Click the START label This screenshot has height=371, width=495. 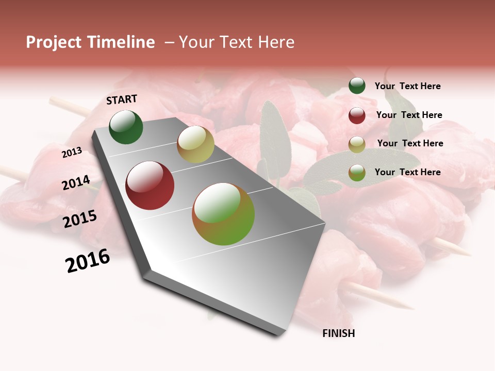tap(122, 99)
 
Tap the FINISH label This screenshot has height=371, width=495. tap(338, 333)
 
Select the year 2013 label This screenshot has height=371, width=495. tap(72, 153)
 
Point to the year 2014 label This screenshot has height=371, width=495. tap(76, 182)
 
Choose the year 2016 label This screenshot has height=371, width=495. tap(88, 261)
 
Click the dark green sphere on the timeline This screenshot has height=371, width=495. tap(126, 127)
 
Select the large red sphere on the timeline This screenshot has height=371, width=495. tap(150, 185)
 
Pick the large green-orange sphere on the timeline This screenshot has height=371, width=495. tap(223, 214)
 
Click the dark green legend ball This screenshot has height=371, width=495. tap(357, 86)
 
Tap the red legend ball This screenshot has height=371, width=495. tap(357, 115)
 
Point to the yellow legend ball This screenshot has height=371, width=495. tap(357, 144)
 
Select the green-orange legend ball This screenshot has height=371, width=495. tap(357, 173)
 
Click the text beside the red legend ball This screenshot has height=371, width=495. tap(409, 115)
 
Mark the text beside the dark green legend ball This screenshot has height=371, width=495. tap(407, 86)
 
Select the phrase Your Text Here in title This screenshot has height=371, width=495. tap(237, 42)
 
